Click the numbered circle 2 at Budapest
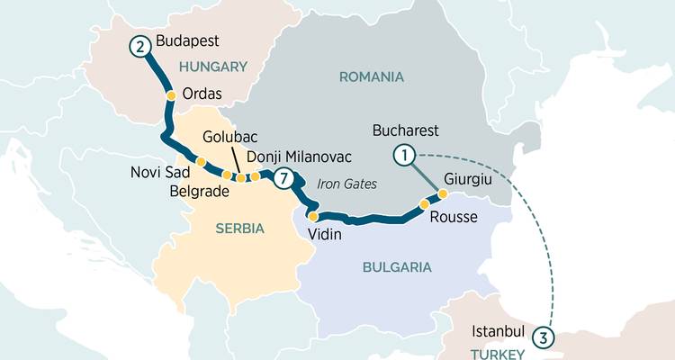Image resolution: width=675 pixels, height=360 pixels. click(x=139, y=45)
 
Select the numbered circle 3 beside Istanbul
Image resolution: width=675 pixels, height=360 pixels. click(x=543, y=337)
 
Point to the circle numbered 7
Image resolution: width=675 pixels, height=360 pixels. click(x=284, y=178)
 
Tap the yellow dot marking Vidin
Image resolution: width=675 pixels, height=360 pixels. click(x=312, y=216)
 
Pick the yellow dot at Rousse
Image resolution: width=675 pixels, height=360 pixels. click(x=424, y=204)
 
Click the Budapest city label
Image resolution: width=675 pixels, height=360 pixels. click(x=188, y=41)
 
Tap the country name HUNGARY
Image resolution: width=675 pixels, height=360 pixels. click(x=213, y=67)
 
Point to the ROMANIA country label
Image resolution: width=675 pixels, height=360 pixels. click(x=371, y=76)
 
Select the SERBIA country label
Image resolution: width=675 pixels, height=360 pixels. click(x=239, y=229)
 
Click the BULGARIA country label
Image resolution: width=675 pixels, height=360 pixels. click(x=397, y=267)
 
